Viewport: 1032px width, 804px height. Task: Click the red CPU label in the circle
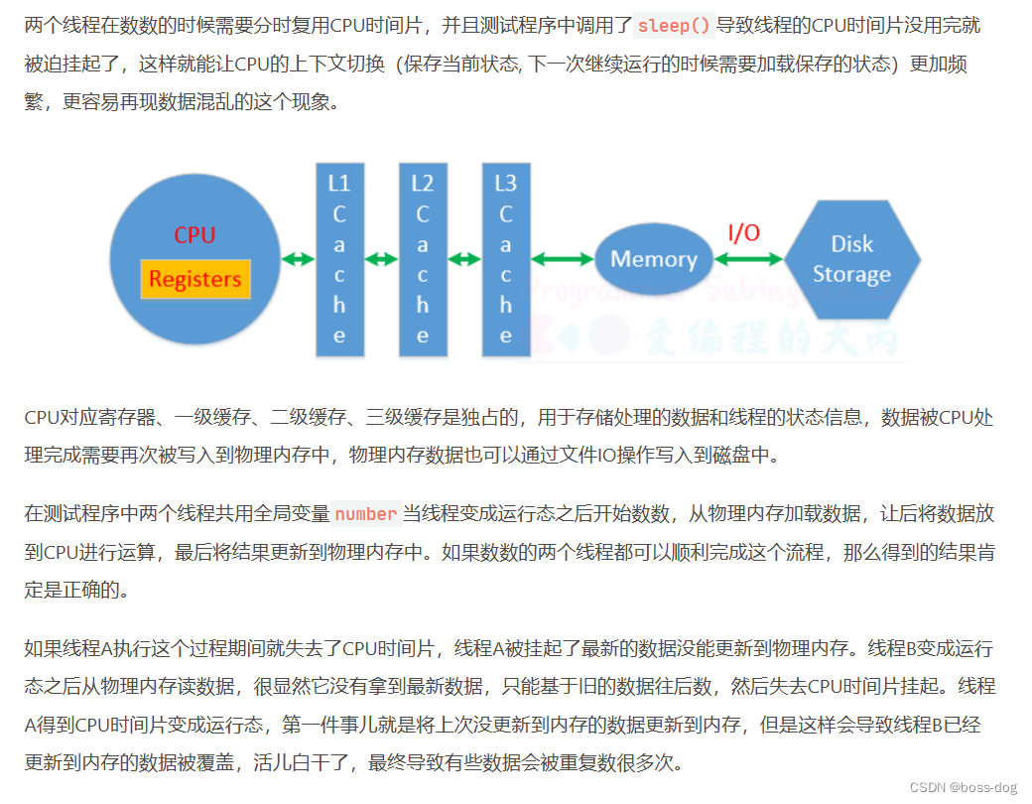tap(194, 235)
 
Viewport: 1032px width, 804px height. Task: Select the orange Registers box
tap(194, 279)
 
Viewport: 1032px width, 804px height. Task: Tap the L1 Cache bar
tap(339, 259)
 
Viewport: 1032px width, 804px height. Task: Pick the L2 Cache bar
tap(423, 259)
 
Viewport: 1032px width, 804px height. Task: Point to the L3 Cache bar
tap(506, 259)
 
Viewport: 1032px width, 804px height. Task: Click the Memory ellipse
tap(653, 259)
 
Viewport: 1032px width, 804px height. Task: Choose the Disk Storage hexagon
tap(852, 259)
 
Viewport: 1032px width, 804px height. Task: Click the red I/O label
tap(744, 233)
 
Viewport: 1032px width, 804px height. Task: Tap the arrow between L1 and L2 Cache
tap(381, 259)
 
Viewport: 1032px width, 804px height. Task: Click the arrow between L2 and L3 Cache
tap(464, 259)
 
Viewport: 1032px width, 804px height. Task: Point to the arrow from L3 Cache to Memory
tap(562, 259)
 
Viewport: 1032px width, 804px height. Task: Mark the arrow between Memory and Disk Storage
tap(748, 259)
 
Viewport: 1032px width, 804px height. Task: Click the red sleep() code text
tap(674, 26)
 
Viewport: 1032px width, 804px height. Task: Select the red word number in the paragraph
tap(365, 514)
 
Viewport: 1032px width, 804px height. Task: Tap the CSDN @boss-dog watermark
tap(963, 787)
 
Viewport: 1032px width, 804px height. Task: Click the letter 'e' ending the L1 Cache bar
tap(339, 335)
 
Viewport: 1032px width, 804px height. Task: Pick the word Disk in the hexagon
tap(852, 244)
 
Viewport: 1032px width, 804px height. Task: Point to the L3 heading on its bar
tap(506, 183)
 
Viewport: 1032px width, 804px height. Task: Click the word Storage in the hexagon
tap(852, 274)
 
